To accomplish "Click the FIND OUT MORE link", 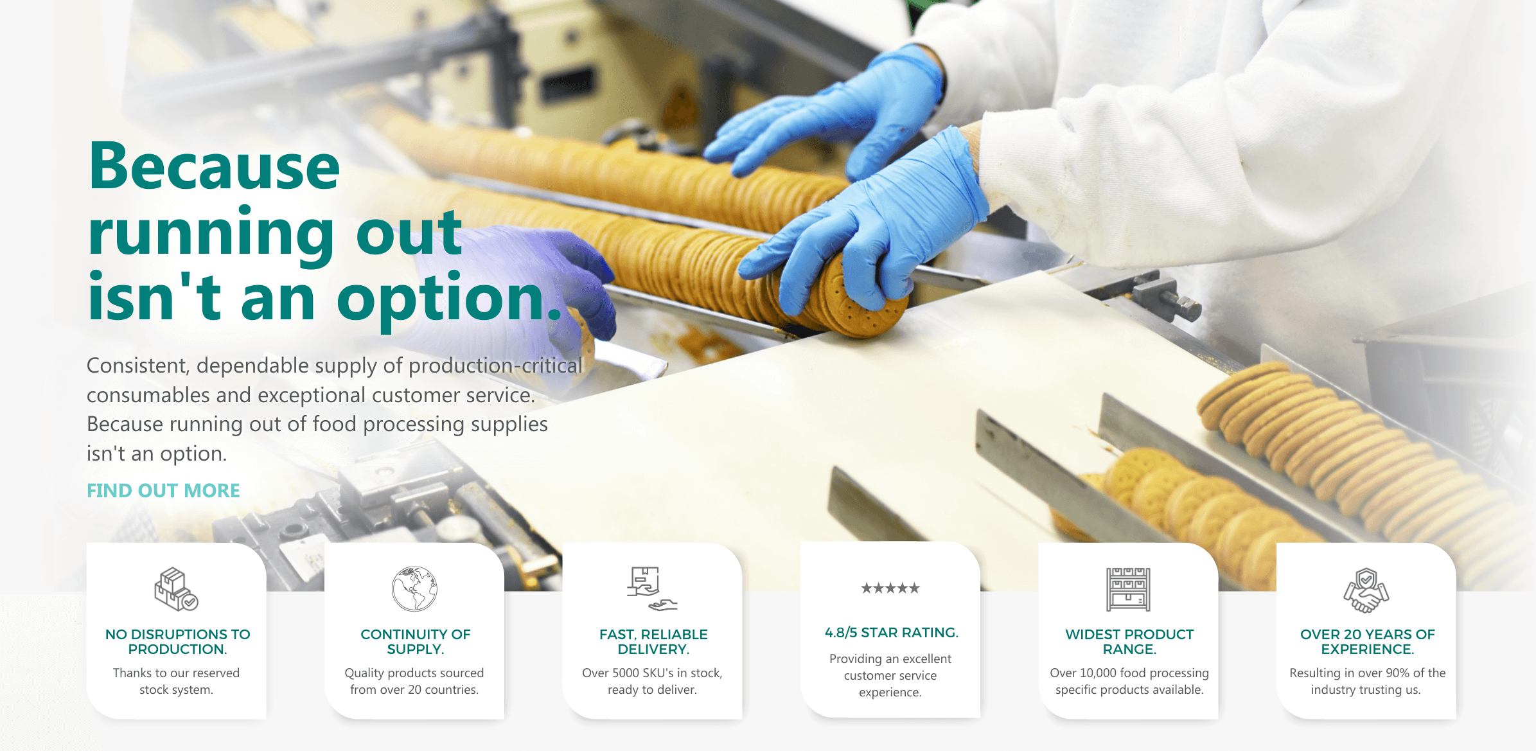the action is click(x=163, y=491).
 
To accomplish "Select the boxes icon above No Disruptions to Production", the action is click(x=176, y=589).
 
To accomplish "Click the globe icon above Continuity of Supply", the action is click(x=414, y=589).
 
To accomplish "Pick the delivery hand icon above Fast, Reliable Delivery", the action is click(x=652, y=588).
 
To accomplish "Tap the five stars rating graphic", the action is click(x=890, y=588).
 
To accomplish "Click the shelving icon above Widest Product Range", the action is click(x=1128, y=589).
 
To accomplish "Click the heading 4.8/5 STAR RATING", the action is click(x=891, y=633).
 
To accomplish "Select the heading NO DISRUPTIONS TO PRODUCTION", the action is click(x=177, y=642).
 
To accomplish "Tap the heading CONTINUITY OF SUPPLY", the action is click(x=415, y=642).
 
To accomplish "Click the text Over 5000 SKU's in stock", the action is click(x=652, y=673).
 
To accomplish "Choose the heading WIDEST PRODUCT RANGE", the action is click(x=1129, y=642).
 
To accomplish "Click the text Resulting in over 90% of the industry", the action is click(x=1367, y=681).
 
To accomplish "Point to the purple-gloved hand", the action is click(x=527, y=276).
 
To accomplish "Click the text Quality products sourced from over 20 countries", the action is click(x=414, y=681).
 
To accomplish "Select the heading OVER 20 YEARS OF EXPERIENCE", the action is click(x=1367, y=642).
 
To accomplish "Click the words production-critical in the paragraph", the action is click(x=495, y=365).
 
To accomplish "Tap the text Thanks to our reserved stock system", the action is click(x=176, y=681).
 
